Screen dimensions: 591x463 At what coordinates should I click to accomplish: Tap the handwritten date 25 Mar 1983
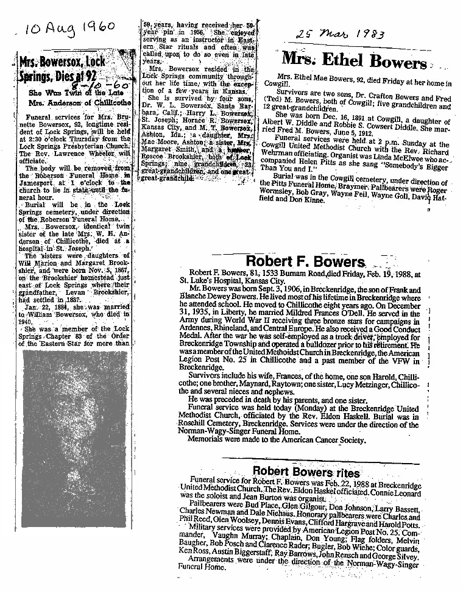tap(340, 35)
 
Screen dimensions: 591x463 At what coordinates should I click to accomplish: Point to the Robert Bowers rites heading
tap(306, 472)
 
